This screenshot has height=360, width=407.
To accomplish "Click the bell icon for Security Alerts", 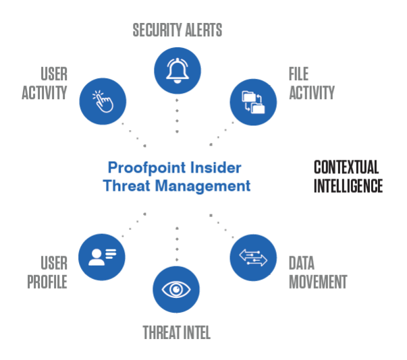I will (x=178, y=69).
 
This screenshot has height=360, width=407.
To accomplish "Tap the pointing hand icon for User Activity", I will (x=103, y=101).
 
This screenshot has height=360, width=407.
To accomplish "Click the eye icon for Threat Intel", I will (x=177, y=290).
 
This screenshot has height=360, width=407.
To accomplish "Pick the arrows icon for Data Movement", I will (x=253, y=258).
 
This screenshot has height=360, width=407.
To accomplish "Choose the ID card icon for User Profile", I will (x=102, y=257).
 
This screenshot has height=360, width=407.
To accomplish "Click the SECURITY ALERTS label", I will (x=178, y=30).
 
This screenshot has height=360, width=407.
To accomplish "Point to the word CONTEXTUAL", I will (x=346, y=167).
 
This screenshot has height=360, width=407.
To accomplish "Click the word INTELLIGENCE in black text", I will (x=348, y=185).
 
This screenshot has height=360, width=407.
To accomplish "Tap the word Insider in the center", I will (x=215, y=167).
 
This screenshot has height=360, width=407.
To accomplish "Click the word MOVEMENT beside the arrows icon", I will (x=318, y=281).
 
